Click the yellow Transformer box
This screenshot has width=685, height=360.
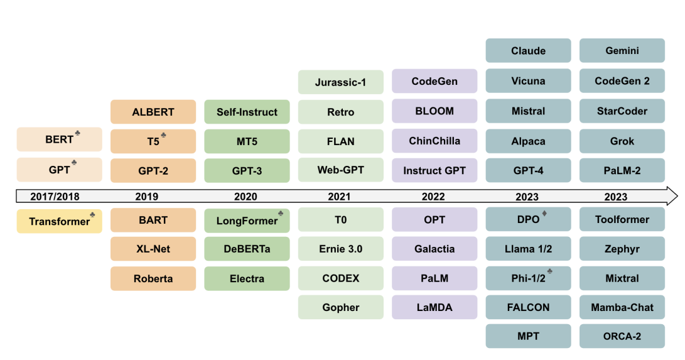(59, 221)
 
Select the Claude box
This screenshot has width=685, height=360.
(528, 51)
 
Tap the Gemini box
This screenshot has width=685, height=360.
(622, 51)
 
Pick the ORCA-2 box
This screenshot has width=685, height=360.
(622, 336)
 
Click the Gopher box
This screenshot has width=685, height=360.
(340, 307)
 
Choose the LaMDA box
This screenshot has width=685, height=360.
(434, 307)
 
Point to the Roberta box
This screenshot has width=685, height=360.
(153, 278)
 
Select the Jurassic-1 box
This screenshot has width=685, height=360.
(340, 82)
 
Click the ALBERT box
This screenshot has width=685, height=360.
(153, 112)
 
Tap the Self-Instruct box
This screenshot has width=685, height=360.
(247, 112)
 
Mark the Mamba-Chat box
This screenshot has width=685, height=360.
(622, 307)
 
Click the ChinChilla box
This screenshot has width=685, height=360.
(434, 141)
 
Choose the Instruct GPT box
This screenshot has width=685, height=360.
(434, 170)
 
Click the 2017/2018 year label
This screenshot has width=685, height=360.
(55, 197)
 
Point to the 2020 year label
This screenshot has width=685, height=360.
(245, 197)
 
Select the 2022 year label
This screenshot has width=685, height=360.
(433, 197)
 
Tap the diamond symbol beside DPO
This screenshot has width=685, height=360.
(544, 214)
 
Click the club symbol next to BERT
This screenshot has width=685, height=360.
(77, 134)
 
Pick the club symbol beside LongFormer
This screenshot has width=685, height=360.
(281, 214)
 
